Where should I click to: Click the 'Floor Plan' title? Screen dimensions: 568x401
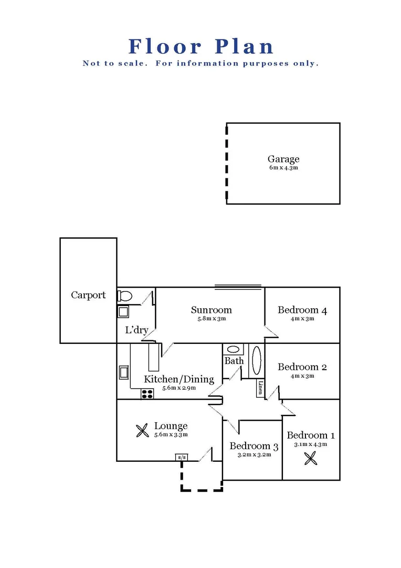click(201, 46)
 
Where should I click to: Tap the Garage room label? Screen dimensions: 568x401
click(283, 159)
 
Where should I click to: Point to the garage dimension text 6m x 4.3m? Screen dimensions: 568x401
click(283, 168)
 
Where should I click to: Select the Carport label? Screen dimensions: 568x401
click(88, 295)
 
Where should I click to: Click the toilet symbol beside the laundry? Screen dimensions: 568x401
click(124, 296)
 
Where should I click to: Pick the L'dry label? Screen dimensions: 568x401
click(136, 331)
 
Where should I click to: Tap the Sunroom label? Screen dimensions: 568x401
click(211, 310)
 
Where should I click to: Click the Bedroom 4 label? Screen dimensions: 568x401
click(302, 310)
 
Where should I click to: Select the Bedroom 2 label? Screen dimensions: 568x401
click(302, 367)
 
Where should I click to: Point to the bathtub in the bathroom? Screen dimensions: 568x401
click(257, 360)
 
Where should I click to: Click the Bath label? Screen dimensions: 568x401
click(234, 361)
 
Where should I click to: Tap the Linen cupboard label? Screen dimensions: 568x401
click(260, 388)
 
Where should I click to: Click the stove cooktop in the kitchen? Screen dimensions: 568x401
click(147, 393)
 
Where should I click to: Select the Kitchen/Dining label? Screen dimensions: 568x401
click(179, 379)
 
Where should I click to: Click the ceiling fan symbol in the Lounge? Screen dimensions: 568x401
click(142, 431)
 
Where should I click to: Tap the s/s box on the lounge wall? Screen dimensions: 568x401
click(182, 457)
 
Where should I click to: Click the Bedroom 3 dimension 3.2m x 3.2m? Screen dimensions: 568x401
click(254, 455)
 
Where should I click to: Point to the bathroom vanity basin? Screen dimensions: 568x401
click(232, 349)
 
